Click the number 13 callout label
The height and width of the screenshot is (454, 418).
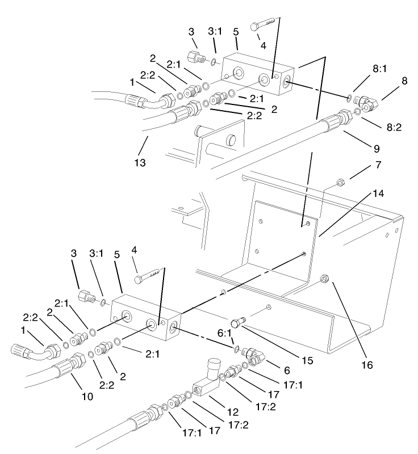pyautogui.click(x=140, y=163)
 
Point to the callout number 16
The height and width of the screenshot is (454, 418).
pyautogui.click(x=367, y=364)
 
